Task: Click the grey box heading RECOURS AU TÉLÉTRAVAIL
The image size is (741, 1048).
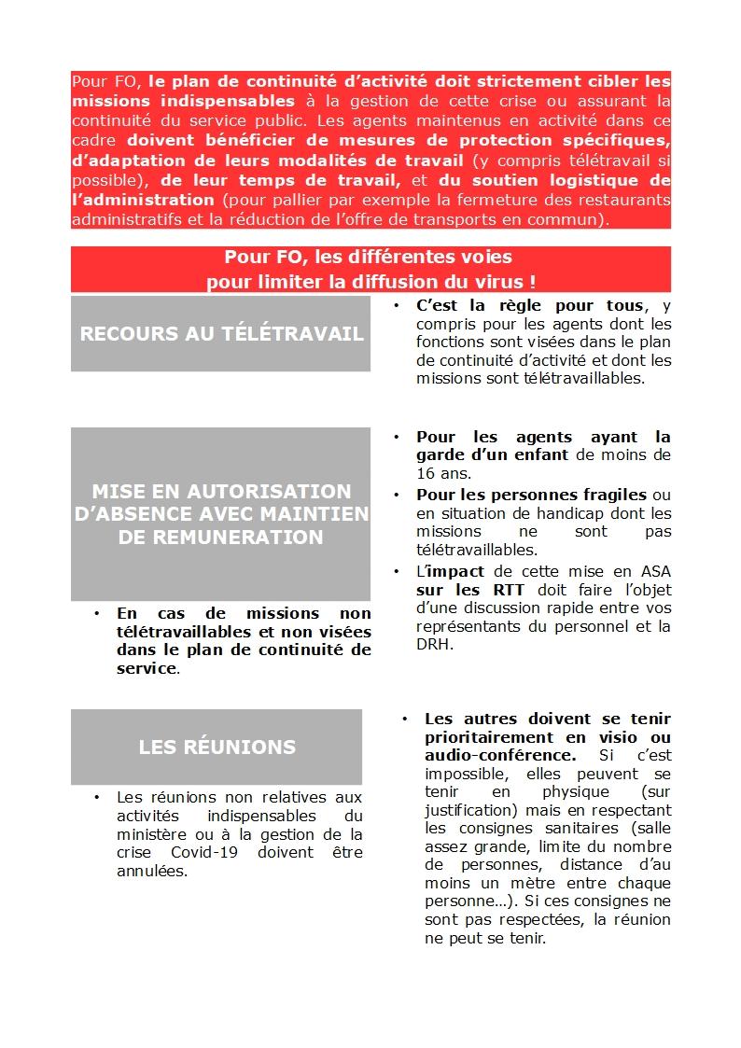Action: [x=221, y=334]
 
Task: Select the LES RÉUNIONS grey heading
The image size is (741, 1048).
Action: [x=217, y=747]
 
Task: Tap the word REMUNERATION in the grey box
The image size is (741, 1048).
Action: [x=221, y=538]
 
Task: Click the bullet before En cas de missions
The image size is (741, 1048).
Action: [x=97, y=613]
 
